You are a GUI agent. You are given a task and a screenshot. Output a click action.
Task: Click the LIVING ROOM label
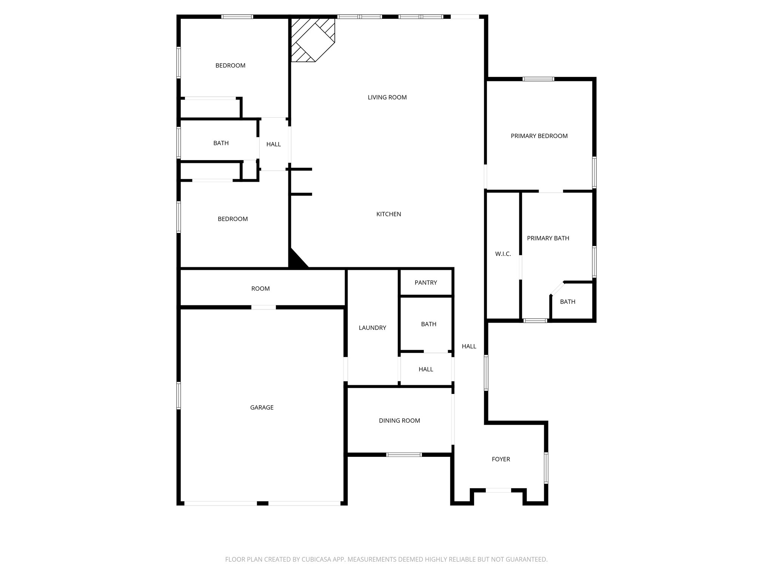click(387, 97)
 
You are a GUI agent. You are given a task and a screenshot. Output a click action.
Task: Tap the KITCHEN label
click(388, 214)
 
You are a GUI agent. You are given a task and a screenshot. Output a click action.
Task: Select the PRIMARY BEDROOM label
click(539, 136)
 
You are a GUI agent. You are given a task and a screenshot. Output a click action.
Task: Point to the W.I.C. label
click(503, 254)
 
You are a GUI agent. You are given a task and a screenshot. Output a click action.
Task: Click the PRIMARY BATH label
click(548, 238)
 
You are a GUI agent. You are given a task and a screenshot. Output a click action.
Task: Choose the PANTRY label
click(426, 283)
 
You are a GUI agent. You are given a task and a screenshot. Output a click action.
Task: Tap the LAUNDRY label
click(372, 328)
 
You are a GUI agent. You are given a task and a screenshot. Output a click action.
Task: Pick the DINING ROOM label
click(399, 421)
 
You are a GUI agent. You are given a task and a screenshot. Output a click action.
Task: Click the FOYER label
click(500, 459)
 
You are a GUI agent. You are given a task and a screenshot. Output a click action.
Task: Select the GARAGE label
click(262, 407)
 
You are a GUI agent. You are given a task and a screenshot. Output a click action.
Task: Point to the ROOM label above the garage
click(260, 289)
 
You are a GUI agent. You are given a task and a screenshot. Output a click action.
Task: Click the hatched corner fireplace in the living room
click(313, 40)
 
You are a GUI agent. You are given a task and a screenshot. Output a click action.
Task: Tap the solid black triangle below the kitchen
click(296, 260)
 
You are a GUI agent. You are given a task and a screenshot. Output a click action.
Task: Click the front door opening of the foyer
click(498, 490)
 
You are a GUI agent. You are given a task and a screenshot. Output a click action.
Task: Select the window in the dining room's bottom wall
click(404, 455)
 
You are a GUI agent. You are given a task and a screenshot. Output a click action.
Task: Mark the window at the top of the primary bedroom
click(538, 79)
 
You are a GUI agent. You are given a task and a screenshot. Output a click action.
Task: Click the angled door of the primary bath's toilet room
click(557, 288)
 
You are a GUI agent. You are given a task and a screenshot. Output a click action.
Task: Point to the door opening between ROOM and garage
click(263, 307)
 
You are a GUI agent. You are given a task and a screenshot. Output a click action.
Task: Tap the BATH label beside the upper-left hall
click(221, 143)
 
